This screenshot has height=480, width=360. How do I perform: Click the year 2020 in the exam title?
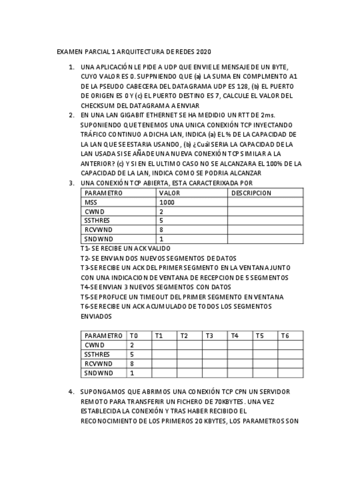(x=203, y=52)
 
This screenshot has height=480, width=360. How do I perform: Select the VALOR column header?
(x=170, y=192)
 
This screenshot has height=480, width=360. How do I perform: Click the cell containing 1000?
(x=167, y=202)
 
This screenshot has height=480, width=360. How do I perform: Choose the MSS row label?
(x=91, y=202)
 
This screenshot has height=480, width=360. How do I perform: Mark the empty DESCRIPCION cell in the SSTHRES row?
(x=265, y=220)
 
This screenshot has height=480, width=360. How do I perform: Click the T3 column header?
(x=209, y=336)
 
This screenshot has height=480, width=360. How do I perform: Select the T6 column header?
(x=285, y=336)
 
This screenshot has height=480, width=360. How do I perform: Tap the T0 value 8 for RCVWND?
(x=132, y=363)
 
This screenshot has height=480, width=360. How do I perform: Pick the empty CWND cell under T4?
(x=240, y=345)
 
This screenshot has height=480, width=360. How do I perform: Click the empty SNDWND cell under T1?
(x=164, y=373)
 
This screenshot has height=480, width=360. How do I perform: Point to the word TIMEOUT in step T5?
(x=160, y=297)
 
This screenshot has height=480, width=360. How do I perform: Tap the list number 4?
(x=71, y=392)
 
